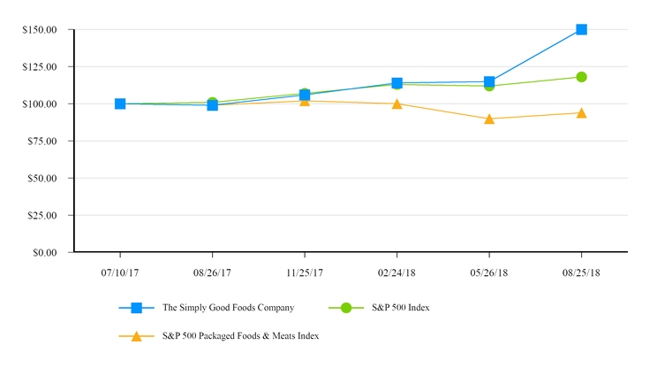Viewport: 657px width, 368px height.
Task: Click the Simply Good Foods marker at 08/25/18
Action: pyautogui.click(x=581, y=29)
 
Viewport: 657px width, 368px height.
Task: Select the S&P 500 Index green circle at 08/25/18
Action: pyautogui.click(x=581, y=77)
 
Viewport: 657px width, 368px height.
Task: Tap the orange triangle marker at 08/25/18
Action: pyautogui.click(x=581, y=113)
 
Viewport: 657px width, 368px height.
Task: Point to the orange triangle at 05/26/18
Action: pyautogui.click(x=489, y=119)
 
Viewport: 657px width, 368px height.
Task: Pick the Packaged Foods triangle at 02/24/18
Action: pyautogui.click(x=397, y=103)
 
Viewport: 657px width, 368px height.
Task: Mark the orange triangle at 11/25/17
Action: pyautogui.click(x=305, y=100)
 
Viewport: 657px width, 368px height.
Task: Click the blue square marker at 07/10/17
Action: pyautogui.click(x=120, y=103)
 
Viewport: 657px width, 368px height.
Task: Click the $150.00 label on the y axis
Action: pyautogui.click(x=40, y=30)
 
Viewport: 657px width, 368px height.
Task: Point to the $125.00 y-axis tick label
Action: pyautogui.click(x=40, y=67)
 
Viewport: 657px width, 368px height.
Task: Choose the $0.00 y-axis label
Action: pyautogui.click(x=43, y=253)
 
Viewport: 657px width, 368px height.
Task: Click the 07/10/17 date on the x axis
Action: pyautogui.click(x=120, y=272)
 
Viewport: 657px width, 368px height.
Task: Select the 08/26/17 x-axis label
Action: pyautogui.click(x=212, y=272)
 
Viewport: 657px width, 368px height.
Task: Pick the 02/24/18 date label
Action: pyautogui.click(x=397, y=272)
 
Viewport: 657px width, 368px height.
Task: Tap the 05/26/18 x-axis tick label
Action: pyautogui.click(x=489, y=272)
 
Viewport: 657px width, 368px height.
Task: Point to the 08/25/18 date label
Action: pyautogui.click(x=581, y=272)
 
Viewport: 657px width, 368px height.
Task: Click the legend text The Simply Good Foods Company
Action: pyautogui.click(x=228, y=308)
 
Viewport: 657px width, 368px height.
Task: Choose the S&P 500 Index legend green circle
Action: pyautogui.click(x=346, y=308)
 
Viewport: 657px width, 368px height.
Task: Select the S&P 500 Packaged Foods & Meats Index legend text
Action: pyautogui.click(x=241, y=336)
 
